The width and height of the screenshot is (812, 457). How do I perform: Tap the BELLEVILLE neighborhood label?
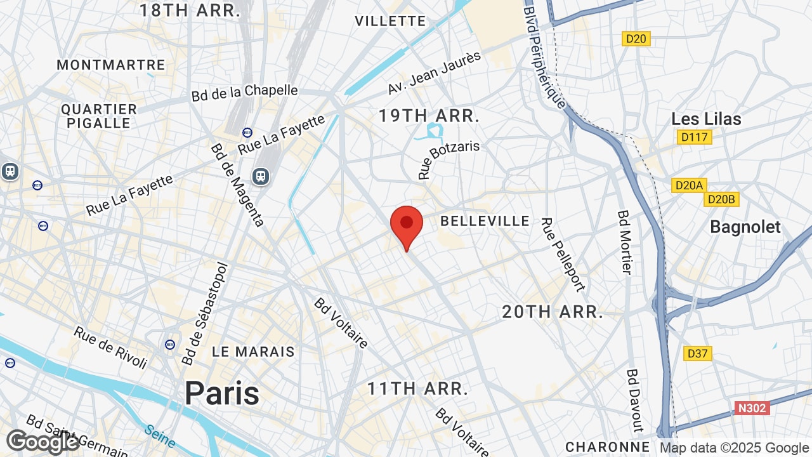pos(485,221)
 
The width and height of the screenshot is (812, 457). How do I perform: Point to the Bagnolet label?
pos(745,227)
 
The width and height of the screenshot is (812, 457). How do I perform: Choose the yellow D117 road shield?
pos(695,136)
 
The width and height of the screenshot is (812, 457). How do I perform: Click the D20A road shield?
pos(688,185)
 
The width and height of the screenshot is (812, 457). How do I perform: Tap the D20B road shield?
pos(722,199)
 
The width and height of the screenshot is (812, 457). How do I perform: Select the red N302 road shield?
pos(752,407)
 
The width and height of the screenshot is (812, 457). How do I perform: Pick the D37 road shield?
pos(698,354)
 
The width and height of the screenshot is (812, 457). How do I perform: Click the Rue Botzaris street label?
pos(449,159)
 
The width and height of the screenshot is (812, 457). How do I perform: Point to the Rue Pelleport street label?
pos(562,255)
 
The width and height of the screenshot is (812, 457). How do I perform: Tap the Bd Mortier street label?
pos(625,242)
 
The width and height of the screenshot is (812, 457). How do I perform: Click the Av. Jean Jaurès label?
pos(435,73)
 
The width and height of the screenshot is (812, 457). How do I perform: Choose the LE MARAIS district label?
pos(253,352)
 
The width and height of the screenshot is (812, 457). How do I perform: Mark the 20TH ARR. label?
pos(552,312)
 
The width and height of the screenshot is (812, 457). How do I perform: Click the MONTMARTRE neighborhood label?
pos(111,65)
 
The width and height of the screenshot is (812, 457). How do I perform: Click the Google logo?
pos(43,441)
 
